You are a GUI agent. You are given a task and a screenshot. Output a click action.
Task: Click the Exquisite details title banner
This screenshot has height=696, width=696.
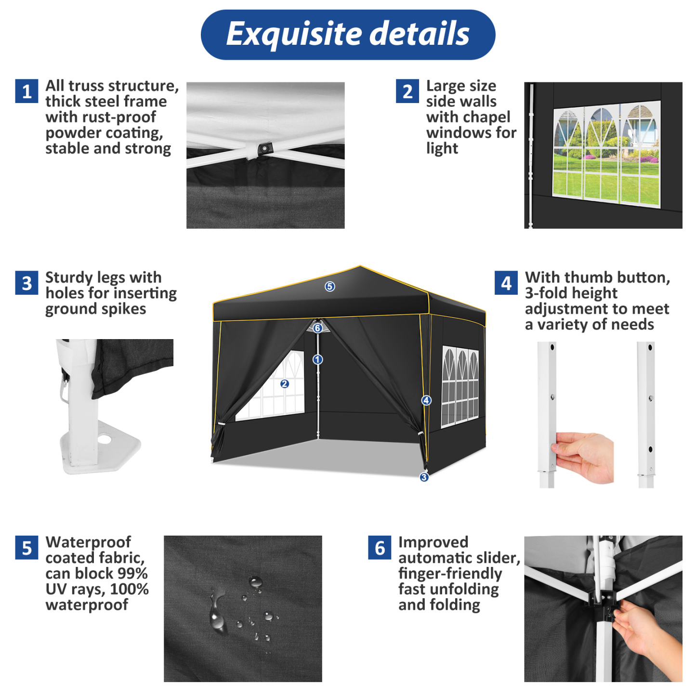(x=348, y=35)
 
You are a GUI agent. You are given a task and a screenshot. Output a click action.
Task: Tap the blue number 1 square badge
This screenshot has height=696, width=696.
(x=26, y=91)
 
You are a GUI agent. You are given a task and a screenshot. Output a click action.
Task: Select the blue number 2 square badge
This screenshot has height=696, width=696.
(x=407, y=91)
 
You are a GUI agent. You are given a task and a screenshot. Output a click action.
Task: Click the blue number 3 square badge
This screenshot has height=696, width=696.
(x=26, y=283)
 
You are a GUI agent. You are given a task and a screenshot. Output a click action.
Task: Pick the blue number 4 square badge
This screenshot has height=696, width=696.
(x=506, y=283)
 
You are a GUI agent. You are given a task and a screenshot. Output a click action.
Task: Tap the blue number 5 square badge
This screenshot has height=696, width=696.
(x=26, y=548)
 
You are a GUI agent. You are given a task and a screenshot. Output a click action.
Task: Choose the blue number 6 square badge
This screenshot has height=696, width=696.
(x=380, y=548)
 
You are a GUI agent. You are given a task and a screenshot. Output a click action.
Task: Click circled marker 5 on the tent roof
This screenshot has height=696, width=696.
(x=329, y=287)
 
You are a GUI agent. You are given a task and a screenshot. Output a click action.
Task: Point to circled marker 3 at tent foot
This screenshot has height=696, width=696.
(x=424, y=477)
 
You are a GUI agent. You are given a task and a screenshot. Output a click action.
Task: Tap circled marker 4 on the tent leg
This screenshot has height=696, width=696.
(x=426, y=400)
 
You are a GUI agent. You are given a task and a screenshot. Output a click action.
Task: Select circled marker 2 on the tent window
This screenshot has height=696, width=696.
(x=284, y=384)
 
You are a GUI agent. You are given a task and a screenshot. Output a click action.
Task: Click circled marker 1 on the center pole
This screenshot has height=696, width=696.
(x=317, y=359)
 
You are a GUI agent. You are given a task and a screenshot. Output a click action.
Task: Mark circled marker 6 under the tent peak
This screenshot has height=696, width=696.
(x=317, y=328)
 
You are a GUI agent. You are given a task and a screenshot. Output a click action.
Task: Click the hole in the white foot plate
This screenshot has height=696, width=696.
(x=105, y=439)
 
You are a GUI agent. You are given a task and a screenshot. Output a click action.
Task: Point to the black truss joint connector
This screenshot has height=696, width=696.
(x=264, y=148)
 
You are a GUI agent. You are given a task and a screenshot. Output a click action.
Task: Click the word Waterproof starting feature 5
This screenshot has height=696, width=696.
(x=88, y=542)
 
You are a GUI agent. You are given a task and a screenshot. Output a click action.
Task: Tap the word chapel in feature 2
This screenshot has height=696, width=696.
(x=486, y=117)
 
